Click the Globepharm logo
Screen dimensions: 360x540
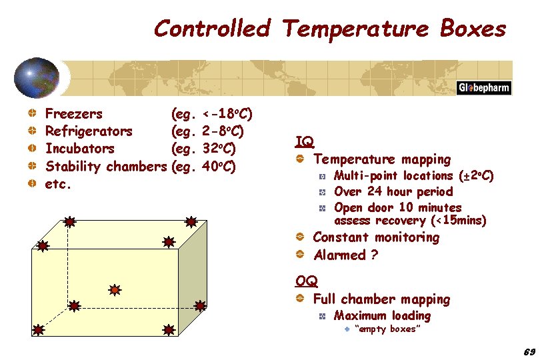[x=483, y=89]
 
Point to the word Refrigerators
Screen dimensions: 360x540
[x=88, y=131]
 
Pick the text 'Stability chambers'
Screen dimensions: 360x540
[x=105, y=166]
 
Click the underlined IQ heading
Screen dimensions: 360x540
[x=304, y=141]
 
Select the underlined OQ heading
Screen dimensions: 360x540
[x=306, y=281]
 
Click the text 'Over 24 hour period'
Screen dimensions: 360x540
[x=393, y=191]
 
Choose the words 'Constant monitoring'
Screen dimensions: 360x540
[x=376, y=237]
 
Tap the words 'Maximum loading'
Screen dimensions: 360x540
[x=382, y=316]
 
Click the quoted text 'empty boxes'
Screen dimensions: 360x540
[x=387, y=329]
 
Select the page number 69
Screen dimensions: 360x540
[x=529, y=351]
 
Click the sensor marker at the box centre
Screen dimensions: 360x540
[x=115, y=290]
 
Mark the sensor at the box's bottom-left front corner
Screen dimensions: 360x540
[x=39, y=329]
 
